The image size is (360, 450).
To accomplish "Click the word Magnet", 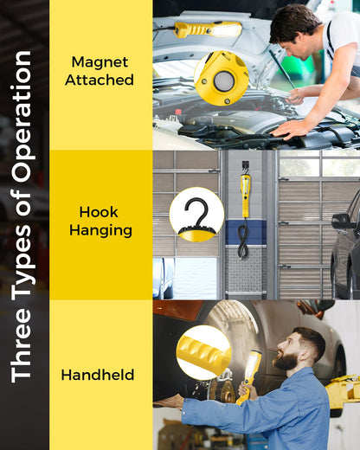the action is (100, 62).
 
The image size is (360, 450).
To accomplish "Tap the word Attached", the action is (100, 80).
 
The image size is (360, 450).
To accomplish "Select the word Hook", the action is (99, 212).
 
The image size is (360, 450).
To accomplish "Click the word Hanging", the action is (100, 230).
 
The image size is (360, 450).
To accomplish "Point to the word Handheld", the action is (98, 375).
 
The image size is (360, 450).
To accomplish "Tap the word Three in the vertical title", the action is (21, 345).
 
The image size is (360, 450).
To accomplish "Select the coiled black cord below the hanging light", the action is (243, 241).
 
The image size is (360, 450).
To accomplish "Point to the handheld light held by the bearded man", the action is (250, 375).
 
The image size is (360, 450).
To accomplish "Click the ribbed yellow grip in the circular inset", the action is (204, 352).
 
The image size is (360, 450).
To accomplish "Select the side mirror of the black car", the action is (340, 222).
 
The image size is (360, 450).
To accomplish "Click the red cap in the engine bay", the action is (178, 112).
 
